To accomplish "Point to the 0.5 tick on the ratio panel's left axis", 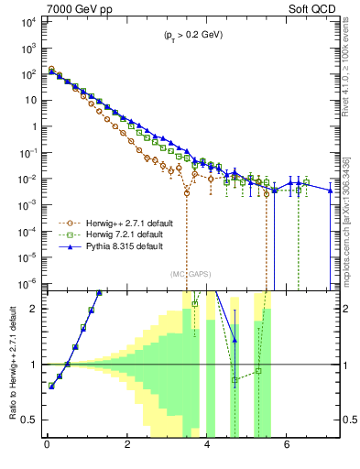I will click(x=31, y=420).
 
